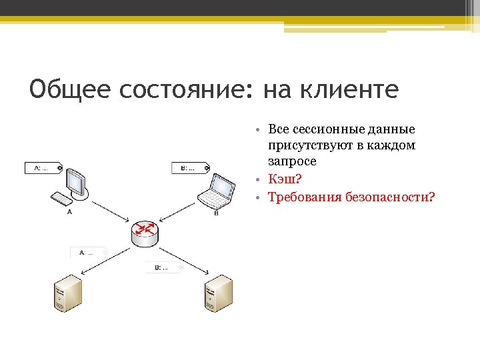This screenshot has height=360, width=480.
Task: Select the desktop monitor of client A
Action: click(77, 181)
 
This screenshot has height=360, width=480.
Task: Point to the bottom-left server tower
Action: click(67, 295)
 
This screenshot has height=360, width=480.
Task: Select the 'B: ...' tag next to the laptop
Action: click(190, 168)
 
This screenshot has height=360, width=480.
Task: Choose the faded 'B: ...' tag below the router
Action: click(163, 267)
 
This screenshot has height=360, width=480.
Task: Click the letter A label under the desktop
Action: click(69, 213)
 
